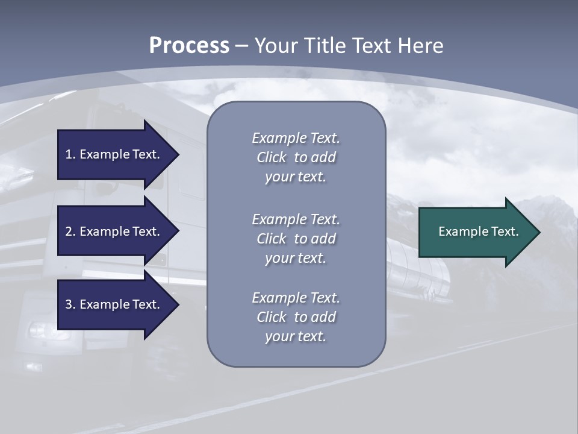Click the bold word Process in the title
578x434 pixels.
tap(189, 46)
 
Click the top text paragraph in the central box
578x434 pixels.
tap(296, 157)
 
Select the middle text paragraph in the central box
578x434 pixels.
tap(296, 239)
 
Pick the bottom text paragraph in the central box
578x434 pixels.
tap(296, 317)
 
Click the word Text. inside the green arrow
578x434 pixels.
tap(505, 231)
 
